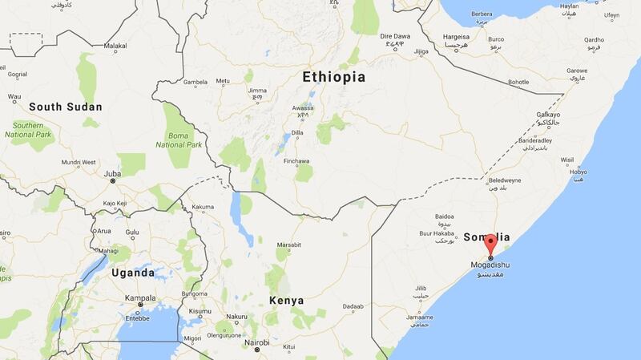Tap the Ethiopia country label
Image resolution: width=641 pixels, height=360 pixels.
pyautogui.click(x=333, y=77)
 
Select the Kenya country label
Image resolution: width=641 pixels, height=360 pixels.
pyautogui.click(x=286, y=300)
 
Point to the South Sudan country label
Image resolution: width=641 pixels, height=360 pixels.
pyautogui.click(x=66, y=106)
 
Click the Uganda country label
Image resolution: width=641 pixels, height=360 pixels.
pyautogui.click(x=133, y=273)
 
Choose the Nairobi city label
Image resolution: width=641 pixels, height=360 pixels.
pyautogui.click(x=256, y=342)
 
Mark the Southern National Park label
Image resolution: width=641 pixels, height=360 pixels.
pyautogui.click(x=28, y=130)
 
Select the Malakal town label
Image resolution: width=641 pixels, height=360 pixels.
pyautogui.click(x=115, y=47)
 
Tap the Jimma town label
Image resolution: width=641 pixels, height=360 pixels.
pyautogui.click(x=256, y=91)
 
